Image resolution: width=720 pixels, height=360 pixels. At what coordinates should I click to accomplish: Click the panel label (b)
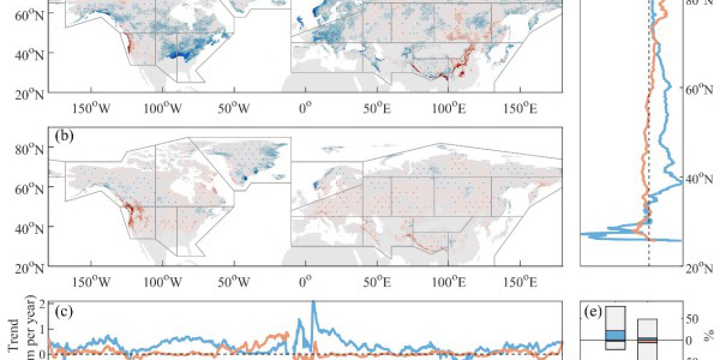pyautogui.click(x=64, y=136)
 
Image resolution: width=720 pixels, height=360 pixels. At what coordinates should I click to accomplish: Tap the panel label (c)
pyautogui.click(x=64, y=312)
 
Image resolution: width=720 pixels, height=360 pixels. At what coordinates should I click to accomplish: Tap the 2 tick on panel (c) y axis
pyautogui.click(x=42, y=304)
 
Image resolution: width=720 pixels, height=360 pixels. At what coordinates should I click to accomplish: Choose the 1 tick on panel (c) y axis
pyautogui.click(x=42, y=329)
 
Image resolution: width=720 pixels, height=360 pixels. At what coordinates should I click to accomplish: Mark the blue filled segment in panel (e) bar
pyautogui.click(x=616, y=335)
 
